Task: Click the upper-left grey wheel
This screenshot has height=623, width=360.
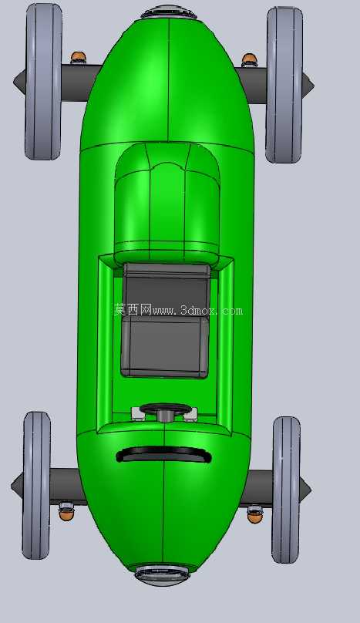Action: tap(44, 82)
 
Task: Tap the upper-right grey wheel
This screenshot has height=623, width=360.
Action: tap(284, 85)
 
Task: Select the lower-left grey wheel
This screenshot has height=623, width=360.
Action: tap(36, 485)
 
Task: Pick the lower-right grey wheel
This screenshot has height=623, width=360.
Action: tap(286, 490)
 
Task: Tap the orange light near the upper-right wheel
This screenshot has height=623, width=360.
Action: tap(249, 59)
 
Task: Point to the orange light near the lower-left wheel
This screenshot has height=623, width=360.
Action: tap(66, 511)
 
